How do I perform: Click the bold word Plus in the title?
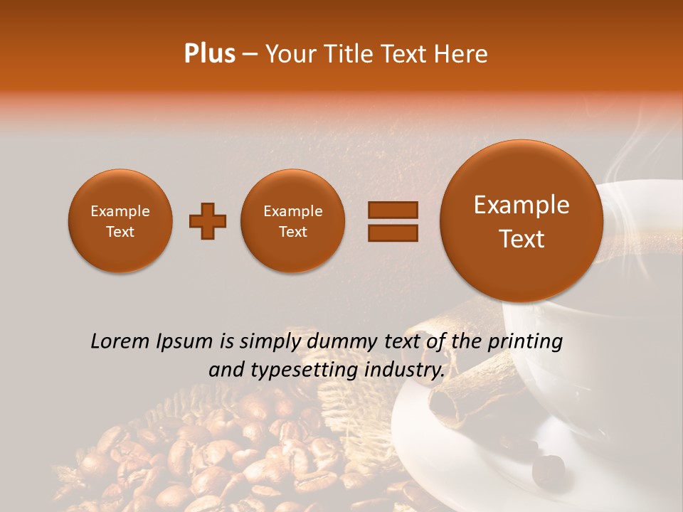click(x=209, y=54)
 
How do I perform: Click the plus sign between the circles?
click(x=208, y=221)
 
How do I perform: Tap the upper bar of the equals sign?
click(x=393, y=210)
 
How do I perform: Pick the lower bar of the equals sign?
click(x=393, y=233)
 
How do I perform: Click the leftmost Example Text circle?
click(x=120, y=221)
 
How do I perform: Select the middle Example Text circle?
click(x=293, y=221)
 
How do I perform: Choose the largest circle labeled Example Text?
click(x=521, y=221)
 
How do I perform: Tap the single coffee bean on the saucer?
click(x=549, y=467)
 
